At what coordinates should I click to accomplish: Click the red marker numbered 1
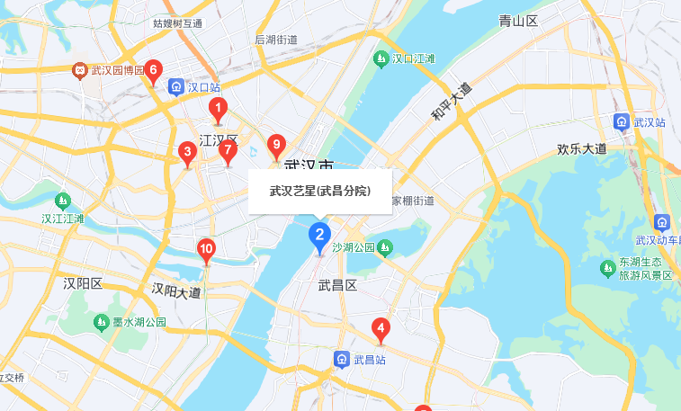(217, 111)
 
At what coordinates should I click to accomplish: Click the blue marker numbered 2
(318, 237)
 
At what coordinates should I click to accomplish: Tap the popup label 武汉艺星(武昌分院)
(320, 191)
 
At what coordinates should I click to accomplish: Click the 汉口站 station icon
(176, 87)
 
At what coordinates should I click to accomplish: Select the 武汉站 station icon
(622, 121)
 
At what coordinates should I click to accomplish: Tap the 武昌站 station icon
(342, 360)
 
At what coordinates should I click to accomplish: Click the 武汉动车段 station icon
(663, 222)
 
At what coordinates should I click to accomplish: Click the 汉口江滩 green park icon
(381, 59)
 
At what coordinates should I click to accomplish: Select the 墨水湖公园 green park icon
(102, 322)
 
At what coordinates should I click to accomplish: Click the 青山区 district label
(518, 21)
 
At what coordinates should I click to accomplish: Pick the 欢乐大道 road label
(582, 148)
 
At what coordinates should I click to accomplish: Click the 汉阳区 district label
(84, 284)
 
